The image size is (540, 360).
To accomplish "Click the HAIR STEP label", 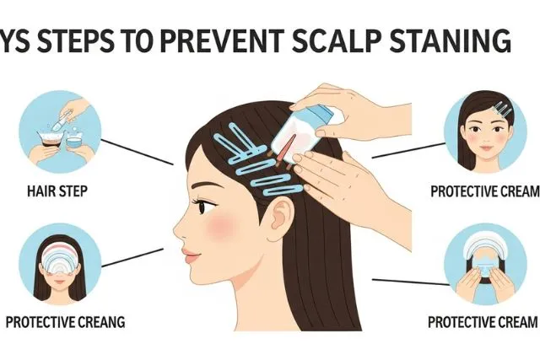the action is (x=57, y=191).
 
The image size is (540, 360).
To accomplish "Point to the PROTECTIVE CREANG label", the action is (x=66, y=322).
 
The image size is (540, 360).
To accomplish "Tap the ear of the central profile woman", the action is (x=280, y=216).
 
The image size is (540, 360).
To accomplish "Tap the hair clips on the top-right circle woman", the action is (x=503, y=110).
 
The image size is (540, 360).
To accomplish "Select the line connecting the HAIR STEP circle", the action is (x=138, y=152).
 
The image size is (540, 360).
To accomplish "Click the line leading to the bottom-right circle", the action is (x=411, y=282).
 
